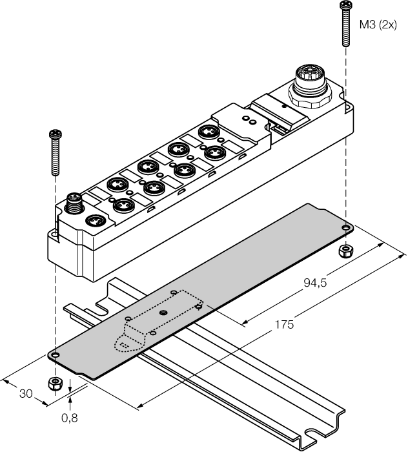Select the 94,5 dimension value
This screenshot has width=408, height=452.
point(316,282)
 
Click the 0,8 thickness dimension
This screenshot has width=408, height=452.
point(70,418)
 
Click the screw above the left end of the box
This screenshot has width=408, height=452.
point(54,152)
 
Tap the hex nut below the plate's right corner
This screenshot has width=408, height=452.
point(347,249)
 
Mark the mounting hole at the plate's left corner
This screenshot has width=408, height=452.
point(55,354)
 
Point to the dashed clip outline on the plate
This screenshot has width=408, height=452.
point(158,320)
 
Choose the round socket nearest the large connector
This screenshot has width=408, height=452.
point(208,132)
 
